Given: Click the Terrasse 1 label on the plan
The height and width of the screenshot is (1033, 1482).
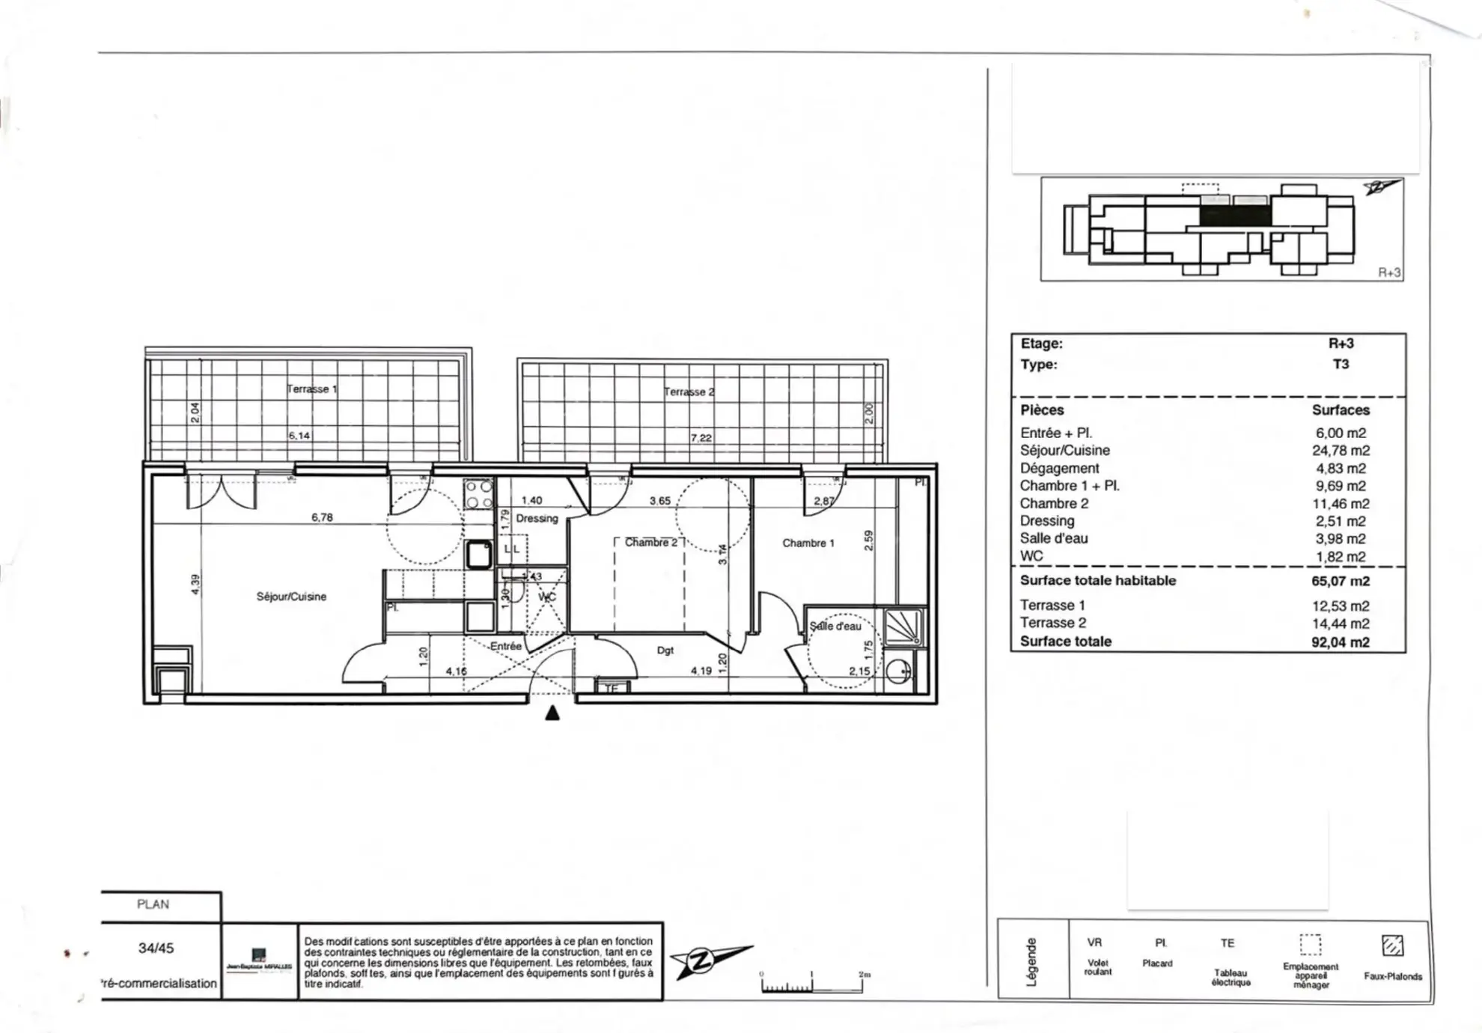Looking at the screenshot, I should (x=312, y=388).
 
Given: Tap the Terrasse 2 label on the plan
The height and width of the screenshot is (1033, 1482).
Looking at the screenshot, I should (x=689, y=391).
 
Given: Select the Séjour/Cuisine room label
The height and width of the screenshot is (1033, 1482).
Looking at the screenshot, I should (x=291, y=597).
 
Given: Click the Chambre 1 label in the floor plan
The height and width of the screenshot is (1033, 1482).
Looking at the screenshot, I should (x=808, y=543).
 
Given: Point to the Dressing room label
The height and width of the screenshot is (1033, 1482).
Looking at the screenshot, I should (x=537, y=518).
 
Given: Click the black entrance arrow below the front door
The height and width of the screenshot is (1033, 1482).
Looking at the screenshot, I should (x=552, y=713).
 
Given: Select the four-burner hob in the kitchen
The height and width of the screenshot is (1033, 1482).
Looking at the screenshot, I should (x=479, y=494).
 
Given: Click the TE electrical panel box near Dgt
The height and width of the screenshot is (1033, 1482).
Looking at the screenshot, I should (x=612, y=687).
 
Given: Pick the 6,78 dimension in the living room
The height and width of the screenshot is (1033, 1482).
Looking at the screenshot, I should (x=322, y=517).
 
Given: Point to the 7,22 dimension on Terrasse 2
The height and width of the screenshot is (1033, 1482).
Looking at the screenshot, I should (x=701, y=438).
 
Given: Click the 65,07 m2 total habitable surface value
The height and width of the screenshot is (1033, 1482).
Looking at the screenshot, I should (x=1340, y=581).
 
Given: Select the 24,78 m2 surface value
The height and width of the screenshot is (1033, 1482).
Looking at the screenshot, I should (x=1340, y=451).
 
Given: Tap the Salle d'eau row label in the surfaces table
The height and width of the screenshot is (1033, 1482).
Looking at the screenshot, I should (x=1054, y=538).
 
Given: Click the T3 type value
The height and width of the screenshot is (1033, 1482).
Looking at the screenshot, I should (x=1341, y=364).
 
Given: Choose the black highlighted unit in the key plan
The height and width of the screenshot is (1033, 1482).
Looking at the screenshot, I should (x=1235, y=216).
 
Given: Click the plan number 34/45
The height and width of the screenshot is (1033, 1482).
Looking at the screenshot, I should (x=156, y=948).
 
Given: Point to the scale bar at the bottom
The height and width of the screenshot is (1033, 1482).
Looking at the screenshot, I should (x=812, y=984).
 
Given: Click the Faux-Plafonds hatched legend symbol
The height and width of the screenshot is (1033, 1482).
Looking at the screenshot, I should (x=1392, y=945).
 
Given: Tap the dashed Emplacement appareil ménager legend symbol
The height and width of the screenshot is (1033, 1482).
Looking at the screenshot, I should (x=1310, y=945).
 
